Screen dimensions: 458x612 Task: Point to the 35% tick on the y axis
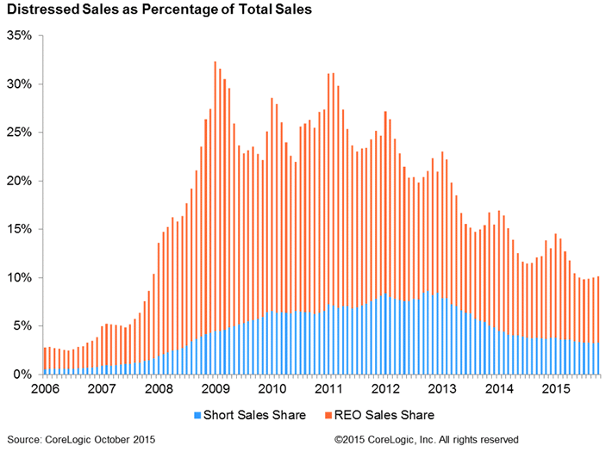click(19, 36)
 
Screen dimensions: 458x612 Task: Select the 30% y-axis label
click(19, 84)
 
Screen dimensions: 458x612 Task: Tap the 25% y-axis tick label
click(19, 133)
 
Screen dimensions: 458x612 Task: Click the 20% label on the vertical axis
click(19, 181)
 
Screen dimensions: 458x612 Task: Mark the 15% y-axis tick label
click(19, 229)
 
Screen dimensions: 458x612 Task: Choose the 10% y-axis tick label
click(19, 277)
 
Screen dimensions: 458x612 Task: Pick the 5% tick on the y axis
click(22, 325)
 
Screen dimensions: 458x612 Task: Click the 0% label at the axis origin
click(22, 374)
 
